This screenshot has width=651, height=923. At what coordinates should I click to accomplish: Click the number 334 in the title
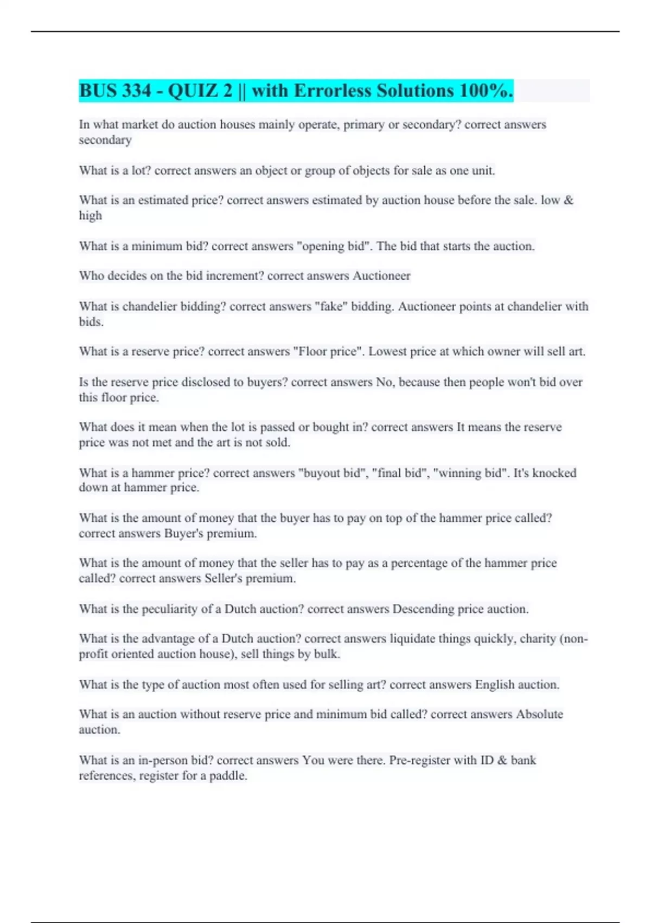(137, 91)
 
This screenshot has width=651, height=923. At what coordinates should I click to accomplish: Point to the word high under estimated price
(90, 216)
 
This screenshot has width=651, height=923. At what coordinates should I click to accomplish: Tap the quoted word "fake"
(330, 306)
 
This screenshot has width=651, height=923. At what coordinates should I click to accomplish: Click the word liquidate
(413, 638)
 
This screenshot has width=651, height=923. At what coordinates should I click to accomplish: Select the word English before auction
(494, 684)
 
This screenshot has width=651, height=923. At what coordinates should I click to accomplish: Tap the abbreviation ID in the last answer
(486, 760)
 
